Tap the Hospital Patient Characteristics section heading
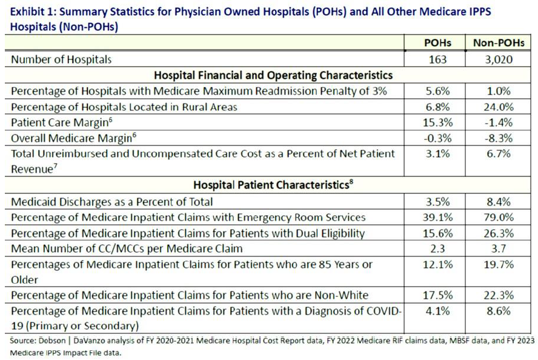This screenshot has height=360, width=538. click(x=270, y=185)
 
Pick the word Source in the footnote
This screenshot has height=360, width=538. click(x=21, y=341)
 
